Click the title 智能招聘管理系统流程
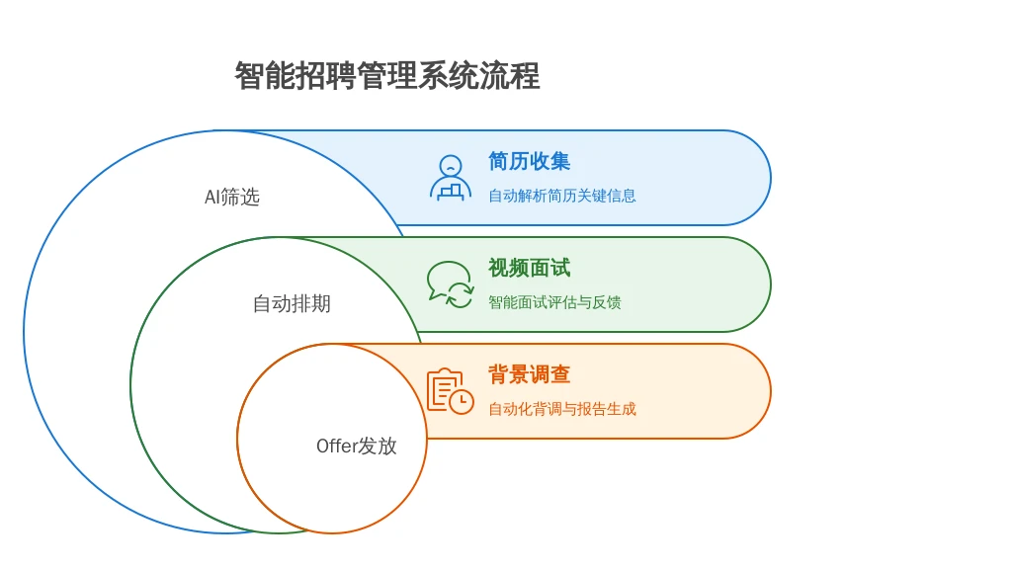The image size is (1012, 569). point(386,76)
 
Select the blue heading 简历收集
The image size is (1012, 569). point(530,161)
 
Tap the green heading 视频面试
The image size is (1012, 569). point(530,268)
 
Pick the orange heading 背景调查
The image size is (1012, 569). point(530,374)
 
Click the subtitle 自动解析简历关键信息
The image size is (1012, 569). point(562,196)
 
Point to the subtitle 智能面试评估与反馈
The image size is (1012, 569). point(554,302)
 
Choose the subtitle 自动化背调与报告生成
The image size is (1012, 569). point(562,408)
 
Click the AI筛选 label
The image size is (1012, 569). point(231,197)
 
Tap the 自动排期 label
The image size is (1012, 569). point(292,303)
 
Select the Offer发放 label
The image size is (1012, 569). point(356,446)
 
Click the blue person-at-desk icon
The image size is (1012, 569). point(451,178)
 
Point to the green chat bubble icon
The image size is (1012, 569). point(450,284)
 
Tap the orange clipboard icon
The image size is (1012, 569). point(451,391)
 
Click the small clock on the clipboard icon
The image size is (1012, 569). point(462,402)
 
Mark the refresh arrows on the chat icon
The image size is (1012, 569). point(461,294)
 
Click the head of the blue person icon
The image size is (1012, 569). point(451,166)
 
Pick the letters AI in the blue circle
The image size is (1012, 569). point(211,197)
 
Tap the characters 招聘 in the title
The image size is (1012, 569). point(325,76)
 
